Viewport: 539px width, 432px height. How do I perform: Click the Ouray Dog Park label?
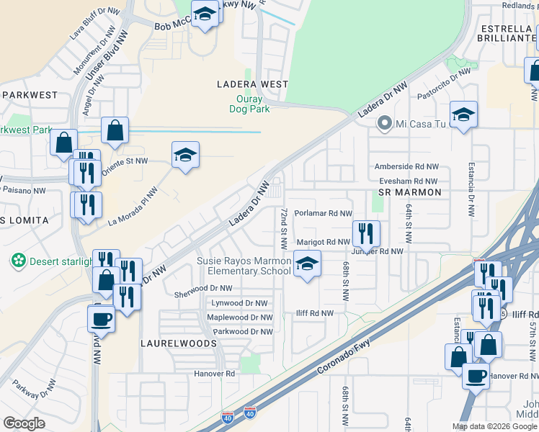[x=254, y=105]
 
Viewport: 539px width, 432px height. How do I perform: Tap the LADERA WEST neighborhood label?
[x=253, y=84]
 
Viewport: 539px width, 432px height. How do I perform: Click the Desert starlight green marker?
[x=18, y=259]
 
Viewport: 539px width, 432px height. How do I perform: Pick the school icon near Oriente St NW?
[x=185, y=155]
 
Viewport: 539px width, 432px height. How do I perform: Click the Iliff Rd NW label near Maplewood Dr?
[x=315, y=313]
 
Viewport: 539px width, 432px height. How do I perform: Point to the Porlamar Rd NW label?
[x=323, y=214]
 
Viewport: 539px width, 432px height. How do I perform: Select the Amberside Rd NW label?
[x=406, y=166]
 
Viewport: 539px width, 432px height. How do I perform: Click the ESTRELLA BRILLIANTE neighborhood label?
[x=499, y=35]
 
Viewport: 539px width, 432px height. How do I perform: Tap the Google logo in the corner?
[x=24, y=423]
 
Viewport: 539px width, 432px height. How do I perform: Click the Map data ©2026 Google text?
[x=494, y=426]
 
